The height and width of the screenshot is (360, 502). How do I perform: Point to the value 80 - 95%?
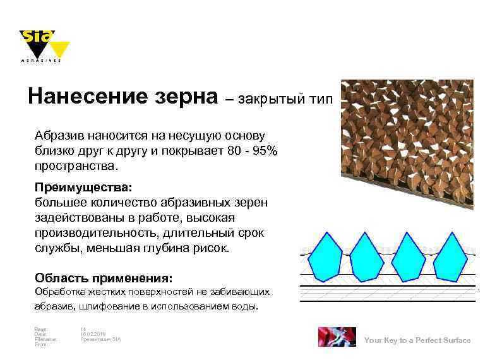[252, 152]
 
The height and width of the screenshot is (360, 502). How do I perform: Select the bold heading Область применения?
[104, 278]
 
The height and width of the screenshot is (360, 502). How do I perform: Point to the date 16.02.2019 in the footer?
[93, 334]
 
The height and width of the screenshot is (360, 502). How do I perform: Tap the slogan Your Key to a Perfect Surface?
[417, 340]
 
